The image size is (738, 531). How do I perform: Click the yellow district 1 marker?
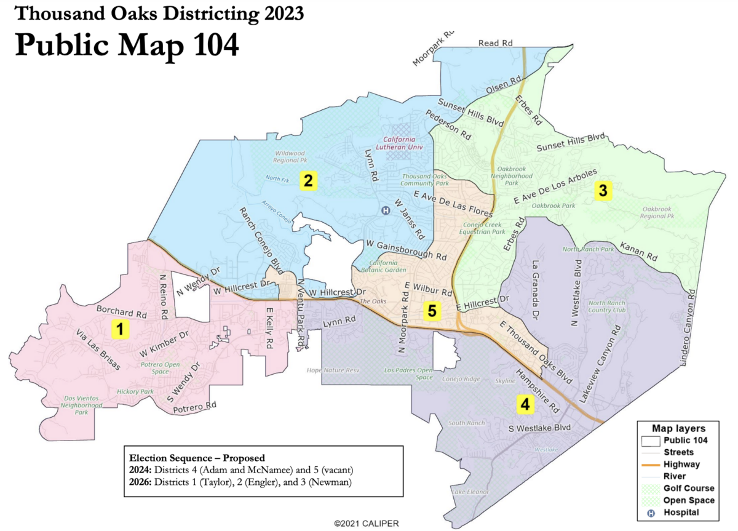121,329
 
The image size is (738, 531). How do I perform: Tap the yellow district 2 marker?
308,180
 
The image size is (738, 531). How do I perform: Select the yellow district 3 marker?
603,191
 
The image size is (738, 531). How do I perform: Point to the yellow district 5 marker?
432,311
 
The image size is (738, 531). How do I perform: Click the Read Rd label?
495,42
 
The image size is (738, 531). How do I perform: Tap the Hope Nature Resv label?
333,370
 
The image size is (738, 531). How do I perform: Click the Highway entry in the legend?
680,465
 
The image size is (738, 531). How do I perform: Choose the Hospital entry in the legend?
681,513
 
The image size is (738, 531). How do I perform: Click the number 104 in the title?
207,44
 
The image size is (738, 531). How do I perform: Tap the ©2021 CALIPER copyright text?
367,524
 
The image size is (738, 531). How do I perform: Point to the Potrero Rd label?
194,407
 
